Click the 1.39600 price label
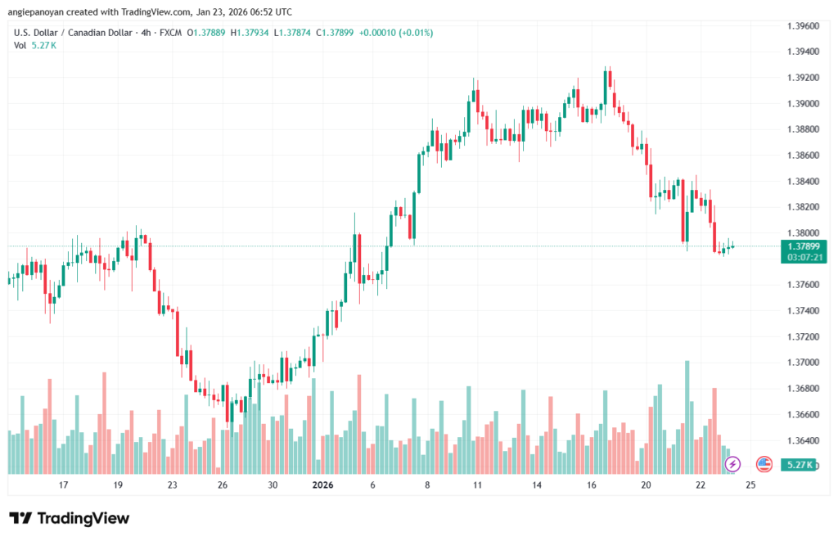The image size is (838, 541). [x=804, y=25]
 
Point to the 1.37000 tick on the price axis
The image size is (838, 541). [x=804, y=363]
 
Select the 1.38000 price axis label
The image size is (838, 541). [x=804, y=232]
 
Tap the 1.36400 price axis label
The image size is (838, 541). [x=804, y=440]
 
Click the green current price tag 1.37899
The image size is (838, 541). [x=804, y=246]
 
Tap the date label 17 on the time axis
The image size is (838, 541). [x=63, y=485]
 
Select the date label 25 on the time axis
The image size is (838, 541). [x=751, y=485]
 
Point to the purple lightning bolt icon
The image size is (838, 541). [x=732, y=464]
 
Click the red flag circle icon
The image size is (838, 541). [x=764, y=464]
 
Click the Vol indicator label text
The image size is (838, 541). [x=20, y=45]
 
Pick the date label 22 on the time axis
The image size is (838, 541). [x=701, y=485]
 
